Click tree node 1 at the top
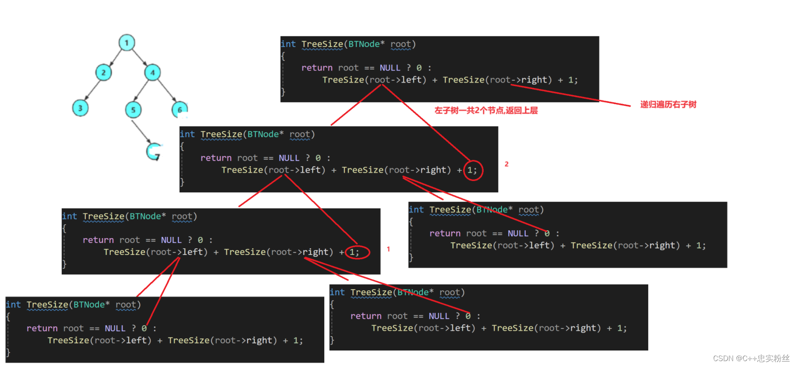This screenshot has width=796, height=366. (127, 42)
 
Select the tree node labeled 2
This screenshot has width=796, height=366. (103, 73)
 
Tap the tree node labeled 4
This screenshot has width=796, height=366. (152, 73)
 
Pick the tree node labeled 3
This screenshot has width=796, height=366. (80, 108)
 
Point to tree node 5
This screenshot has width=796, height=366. (133, 110)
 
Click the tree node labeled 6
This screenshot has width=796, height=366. (179, 109)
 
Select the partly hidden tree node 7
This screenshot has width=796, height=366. (154, 152)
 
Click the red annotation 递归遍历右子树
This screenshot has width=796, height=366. (668, 105)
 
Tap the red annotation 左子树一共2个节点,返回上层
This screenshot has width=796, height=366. (486, 110)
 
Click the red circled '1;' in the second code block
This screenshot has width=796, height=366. (472, 170)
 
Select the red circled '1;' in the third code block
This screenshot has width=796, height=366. (354, 252)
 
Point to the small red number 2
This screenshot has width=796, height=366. (506, 164)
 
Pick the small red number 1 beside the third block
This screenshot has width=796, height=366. (388, 249)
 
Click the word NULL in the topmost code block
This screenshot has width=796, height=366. (390, 68)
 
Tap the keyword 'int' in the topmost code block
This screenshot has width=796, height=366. (288, 44)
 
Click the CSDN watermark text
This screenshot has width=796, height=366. (751, 358)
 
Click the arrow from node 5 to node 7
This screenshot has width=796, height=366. (141, 132)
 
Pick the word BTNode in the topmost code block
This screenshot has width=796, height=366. (363, 44)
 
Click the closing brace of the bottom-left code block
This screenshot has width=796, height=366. (8, 352)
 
